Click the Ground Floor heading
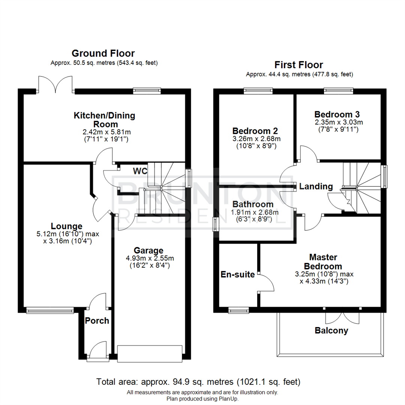pyautogui.click(x=103, y=53)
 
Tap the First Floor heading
pyautogui.click(x=298, y=65)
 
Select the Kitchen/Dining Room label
pyautogui.click(x=104, y=120)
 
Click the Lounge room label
pyautogui.click(x=67, y=226)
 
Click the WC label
pyautogui.click(x=139, y=171)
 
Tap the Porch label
pyautogui.click(x=97, y=321)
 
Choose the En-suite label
pyautogui.click(x=238, y=274)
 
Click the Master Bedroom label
pyautogui.click(x=323, y=262)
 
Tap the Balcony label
pyautogui.click(x=331, y=331)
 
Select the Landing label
pyautogui.click(x=316, y=186)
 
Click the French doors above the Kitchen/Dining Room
pyautogui.click(x=55, y=84)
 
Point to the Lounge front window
pyautogui.click(x=50, y=310)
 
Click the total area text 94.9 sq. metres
pyautogui.click(x=199, y=382)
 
